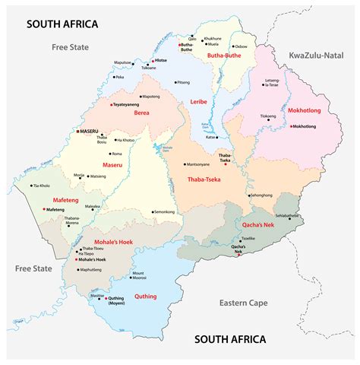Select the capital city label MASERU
(90, 132)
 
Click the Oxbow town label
(241, 46)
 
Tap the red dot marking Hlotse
(152, 61)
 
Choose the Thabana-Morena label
(72, 221)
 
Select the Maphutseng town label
(90, 269)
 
